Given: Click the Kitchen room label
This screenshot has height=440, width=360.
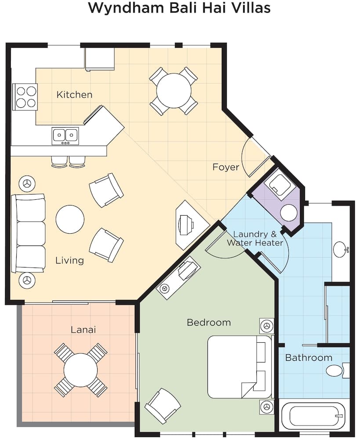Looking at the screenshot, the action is [74, 95].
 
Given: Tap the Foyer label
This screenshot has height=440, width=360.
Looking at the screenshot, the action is [225, 167].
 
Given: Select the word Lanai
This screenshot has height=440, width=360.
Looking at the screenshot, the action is [83, 330].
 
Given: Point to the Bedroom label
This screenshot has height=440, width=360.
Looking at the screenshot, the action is [209, 323].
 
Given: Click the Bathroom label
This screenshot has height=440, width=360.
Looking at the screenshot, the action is [309, 357].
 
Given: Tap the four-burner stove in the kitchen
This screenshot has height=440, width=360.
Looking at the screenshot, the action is [25, 97].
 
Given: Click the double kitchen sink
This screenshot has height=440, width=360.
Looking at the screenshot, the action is [65, 136].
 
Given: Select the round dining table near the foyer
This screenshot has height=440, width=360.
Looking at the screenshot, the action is [174, 91].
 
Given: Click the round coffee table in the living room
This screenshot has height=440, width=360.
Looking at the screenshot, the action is [70, 220].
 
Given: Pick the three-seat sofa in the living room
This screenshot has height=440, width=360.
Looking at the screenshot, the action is [28, 234].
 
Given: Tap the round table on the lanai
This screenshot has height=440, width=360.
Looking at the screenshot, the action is [80, 370].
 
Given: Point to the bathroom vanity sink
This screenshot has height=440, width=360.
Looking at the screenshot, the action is [340, 249].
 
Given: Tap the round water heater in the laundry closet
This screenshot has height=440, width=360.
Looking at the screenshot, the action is [288, 213].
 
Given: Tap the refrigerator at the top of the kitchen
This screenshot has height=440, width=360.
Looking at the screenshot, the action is [100, 59].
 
